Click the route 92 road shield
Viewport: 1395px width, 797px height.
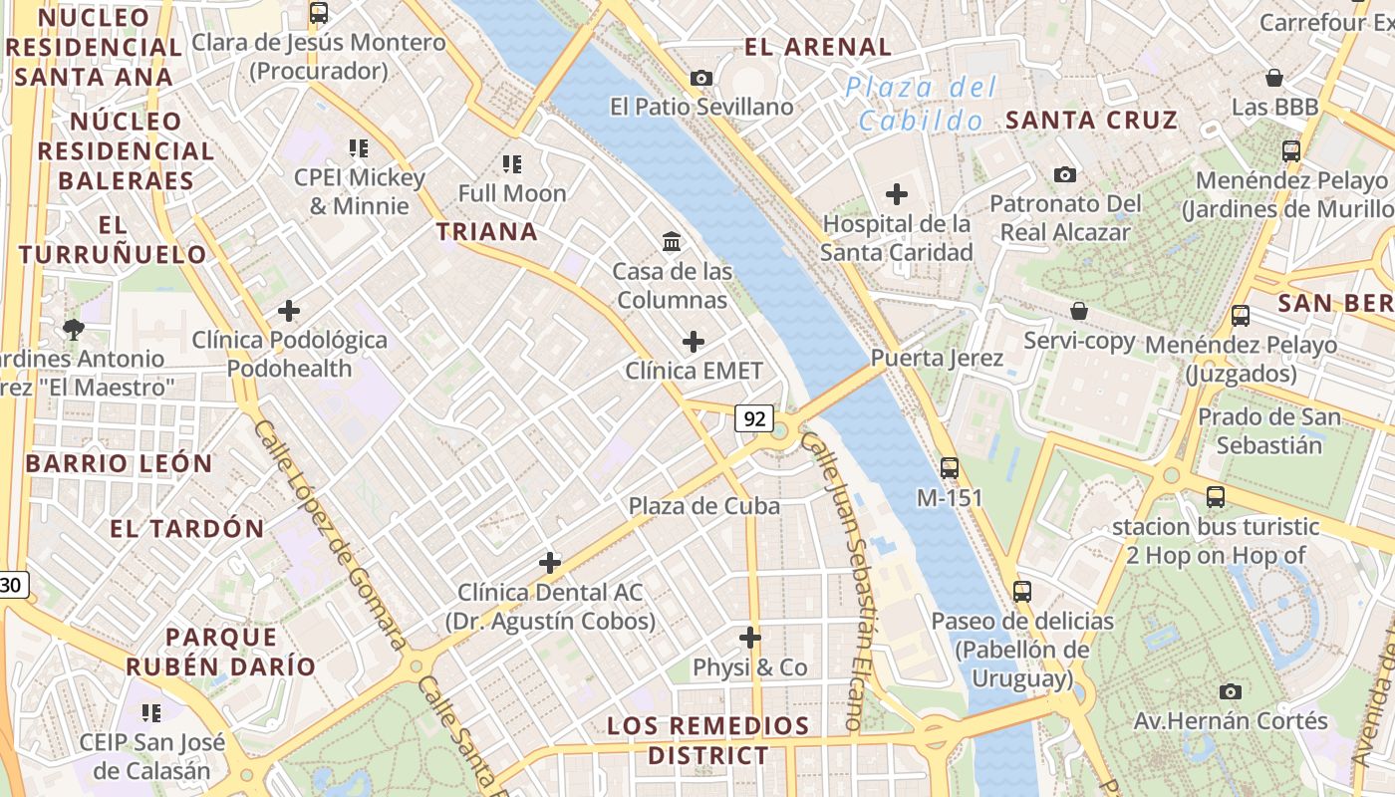click(x=754, y=418)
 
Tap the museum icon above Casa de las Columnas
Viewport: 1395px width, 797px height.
click(x=672, y=241)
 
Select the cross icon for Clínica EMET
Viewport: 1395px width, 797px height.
click(x=694, y=342)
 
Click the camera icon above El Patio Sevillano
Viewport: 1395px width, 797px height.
click(x=701, y=78)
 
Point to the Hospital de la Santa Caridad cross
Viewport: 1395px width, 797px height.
click(x=897, y=194)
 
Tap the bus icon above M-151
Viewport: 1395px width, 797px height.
click(x=950, y=467)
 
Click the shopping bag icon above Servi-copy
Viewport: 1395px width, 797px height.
click(x=1079, y=311)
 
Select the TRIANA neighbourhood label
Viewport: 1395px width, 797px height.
click(x=487, y=232)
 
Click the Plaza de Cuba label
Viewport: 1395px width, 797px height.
click(x=703, y=506)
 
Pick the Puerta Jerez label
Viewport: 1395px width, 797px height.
click(x=937, y=358)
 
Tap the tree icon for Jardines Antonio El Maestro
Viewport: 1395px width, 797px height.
click(x=73, y=329)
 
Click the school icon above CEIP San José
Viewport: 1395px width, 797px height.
click(x=151, y=712)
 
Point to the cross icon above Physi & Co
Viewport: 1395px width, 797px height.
click(x=750, y=638)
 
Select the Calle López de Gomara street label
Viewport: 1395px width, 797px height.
click(x=328, y=533)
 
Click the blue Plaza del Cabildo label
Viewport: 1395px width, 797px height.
click(x=920, y=104)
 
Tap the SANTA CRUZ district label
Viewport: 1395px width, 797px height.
click(x=1091, y=121)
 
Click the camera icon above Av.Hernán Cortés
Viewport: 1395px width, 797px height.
click(x=1231, y=691)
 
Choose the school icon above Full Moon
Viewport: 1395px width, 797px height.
click(x=512, y=163)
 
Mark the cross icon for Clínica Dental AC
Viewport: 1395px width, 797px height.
click(x=550, y=563)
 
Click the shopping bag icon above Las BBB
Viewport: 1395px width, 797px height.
click(x=1273, y=78)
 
